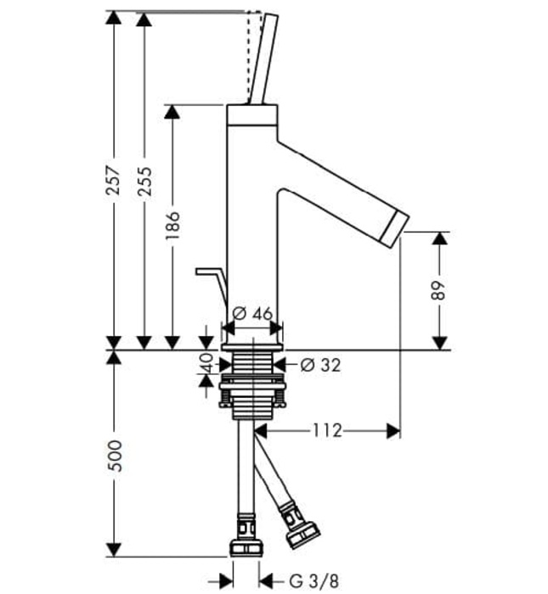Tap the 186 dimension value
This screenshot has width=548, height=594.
[172, 227]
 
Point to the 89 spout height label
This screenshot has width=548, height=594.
[439, 290]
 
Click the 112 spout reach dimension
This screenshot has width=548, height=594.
[327, 431]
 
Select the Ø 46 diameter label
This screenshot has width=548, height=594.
[252, 313]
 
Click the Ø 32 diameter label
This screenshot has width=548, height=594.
[320, 366]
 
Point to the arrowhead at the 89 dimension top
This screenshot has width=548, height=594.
[439, 238]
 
